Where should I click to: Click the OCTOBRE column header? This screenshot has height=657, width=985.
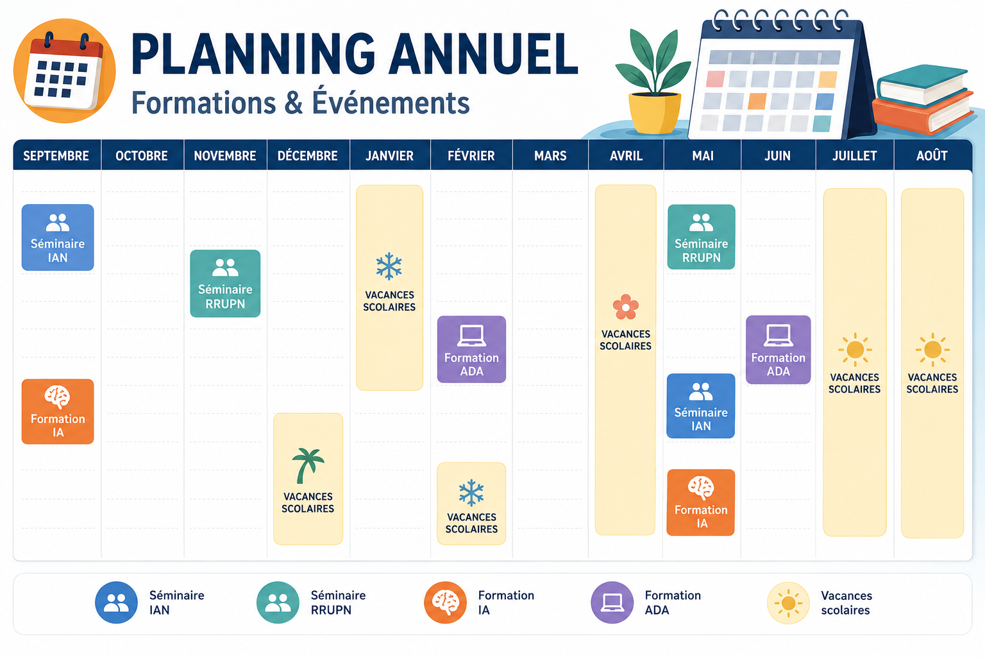(142, 155)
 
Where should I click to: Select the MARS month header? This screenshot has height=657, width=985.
(550, 155)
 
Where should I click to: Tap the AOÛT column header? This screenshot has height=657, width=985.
(932, 155)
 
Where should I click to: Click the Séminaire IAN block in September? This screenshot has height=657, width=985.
(58, 237)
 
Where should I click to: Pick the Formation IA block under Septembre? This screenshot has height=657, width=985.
(58, 411)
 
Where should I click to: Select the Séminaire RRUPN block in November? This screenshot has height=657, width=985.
(225, 284)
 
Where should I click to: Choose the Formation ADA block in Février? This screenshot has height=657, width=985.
(471, 349)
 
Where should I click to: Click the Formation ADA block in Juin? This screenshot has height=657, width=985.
(779, 350)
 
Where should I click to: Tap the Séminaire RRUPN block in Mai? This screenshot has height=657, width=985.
(701, 237)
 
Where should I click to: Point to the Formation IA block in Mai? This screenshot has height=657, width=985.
(700, 502)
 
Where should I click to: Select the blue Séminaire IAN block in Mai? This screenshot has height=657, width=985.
(700, 405)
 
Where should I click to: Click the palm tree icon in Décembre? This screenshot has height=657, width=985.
(308, 466)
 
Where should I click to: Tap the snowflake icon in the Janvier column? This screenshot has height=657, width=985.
(389, 266)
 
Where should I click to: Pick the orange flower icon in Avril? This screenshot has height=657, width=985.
(625, 307)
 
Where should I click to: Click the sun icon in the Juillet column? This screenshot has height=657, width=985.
(855, 350)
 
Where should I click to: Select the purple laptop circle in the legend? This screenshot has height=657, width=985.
(612, 602)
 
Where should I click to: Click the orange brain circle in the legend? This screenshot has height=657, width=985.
(446, 602)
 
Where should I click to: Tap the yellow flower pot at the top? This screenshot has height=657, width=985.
(655, 113)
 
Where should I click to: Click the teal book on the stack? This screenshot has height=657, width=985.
(923, 87)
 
